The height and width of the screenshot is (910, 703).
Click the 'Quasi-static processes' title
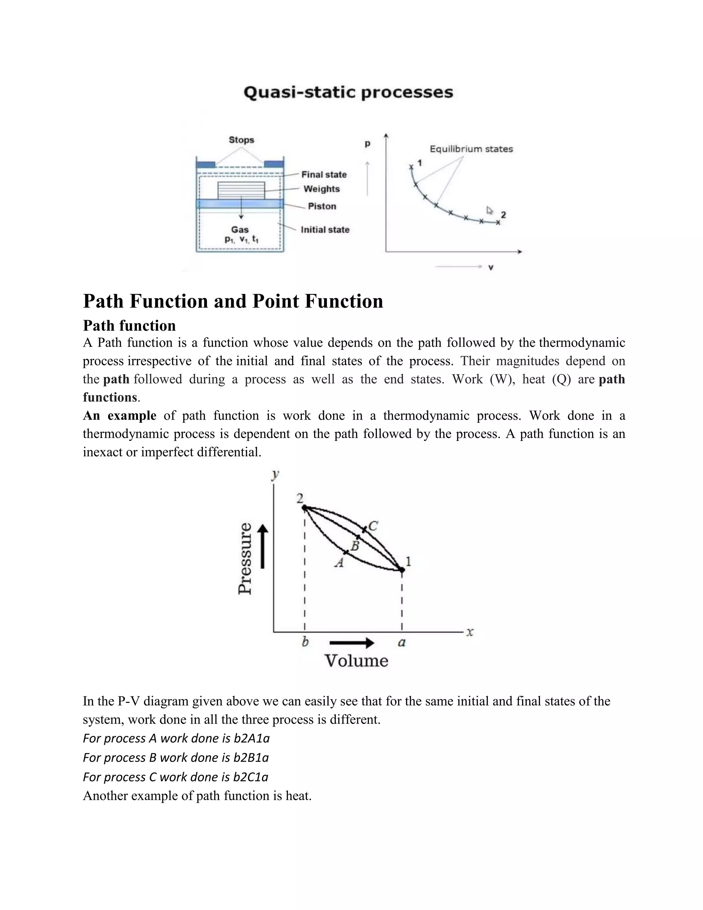tap(348, 92)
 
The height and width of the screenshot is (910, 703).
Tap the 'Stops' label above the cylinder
tap(241, 140)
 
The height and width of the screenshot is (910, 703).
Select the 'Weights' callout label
tap(322, 189)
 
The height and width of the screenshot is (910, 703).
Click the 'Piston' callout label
tap(322, 206)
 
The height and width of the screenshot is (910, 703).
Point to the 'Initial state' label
tap(325, 230)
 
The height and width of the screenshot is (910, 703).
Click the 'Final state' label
tap(324, 174)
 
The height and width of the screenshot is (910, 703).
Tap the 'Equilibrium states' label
tap(471, 149)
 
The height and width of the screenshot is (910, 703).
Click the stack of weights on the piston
tap(241, 191)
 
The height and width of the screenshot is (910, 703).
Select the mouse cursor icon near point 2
tap(490, 211)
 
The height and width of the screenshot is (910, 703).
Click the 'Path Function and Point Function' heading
tap(233, 301)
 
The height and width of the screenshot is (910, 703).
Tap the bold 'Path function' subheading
tap(129, 326)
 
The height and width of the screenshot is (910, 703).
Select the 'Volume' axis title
tap(356, 661)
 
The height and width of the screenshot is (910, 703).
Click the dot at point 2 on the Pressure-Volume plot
tap(304, 508)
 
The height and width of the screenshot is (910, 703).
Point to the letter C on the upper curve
tap(373, 526)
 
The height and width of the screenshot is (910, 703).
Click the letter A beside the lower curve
tap(339, 563)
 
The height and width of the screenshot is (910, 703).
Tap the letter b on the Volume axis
tap(305, 642)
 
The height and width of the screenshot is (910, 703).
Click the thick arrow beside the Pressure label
tap(263, 547)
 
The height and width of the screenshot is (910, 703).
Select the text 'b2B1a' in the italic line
tap(251, 757)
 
